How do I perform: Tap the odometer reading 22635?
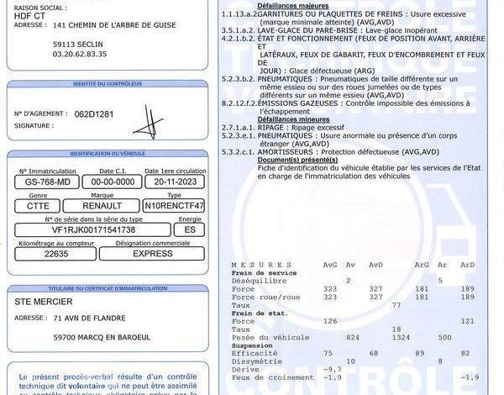tap(56, 253)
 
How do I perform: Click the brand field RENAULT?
tap(102, 205)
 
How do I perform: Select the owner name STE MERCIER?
tap(45, 301)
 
